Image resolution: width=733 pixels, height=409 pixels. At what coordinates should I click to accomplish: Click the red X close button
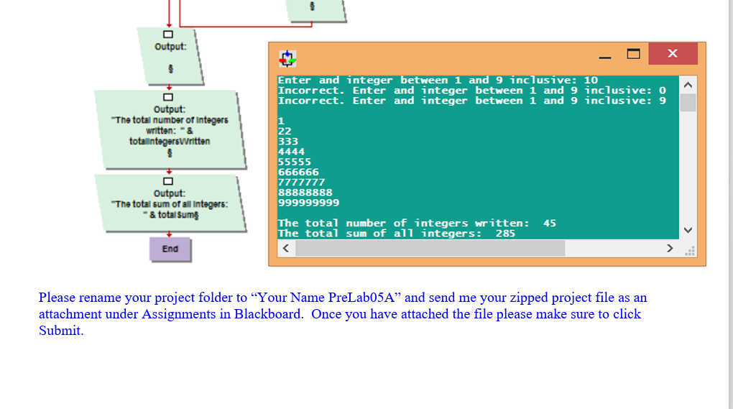pyautogui.click(x=672, y=54)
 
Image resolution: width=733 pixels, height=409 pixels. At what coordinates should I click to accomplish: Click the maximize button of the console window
pyautogui.click(x=633, y=54)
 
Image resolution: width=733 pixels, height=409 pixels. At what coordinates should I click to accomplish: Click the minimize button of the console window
pyautogui.click(x=606, y=54)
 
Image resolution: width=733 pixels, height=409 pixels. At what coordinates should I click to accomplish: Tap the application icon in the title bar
pyautogui.click(x=287, y=58)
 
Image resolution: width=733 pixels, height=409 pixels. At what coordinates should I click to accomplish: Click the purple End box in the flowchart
pyautogui.click(x=170, y=249)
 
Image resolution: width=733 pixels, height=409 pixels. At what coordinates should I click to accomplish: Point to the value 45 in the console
pyautogui.click(x=549, y=224)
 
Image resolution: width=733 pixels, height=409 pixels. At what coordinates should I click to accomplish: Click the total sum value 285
pyautogui.click(x=505, y=234)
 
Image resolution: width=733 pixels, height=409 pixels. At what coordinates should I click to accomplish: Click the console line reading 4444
pyautogui.click(x=291, y=152)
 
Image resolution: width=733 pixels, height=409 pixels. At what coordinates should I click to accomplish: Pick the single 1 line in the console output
pyautogui.click(x=281, y=121)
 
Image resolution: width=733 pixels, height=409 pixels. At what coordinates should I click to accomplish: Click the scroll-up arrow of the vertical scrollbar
pyautogui.click(x=688, y=85)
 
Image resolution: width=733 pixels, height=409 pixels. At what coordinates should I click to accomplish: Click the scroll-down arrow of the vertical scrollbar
pyautogui.click(x=688, y=230)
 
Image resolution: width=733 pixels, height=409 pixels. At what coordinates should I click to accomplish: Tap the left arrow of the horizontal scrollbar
pyautogui.click(x=285, y=249)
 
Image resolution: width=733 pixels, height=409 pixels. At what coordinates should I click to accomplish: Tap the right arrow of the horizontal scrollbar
pyautogui.click(x=670, y=249)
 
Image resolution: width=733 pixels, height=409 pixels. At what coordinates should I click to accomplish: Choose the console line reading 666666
pyautogui.click(x=298, y=172)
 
